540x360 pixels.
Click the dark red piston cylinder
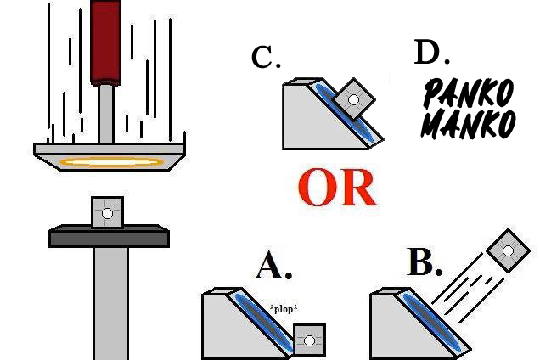tap(106, 42)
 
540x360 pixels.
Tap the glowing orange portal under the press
tap(111, 162)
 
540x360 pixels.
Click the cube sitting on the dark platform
tap(108, 212)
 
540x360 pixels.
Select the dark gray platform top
tap(109, 236)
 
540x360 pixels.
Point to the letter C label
tap(266, 57)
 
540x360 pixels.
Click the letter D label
tap(432, 52)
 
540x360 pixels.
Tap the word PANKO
tap(469, 93)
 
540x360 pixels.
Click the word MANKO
tap(469, 124)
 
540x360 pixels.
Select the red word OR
tap(337, 188)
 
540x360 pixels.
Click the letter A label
tap(273, 265)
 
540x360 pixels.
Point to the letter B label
tap(425, 262)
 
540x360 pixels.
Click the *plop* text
tap(284, 309)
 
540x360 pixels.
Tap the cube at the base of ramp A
tap(309, 340)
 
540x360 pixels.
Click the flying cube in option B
tap(508, 250)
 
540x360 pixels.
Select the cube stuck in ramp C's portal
tap(354, 99)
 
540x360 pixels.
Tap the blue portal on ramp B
tap(432, 322)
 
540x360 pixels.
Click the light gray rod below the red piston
tap(106, 114)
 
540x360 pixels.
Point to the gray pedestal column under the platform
tap(111, 303)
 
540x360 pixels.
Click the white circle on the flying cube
tap(508, 250)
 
